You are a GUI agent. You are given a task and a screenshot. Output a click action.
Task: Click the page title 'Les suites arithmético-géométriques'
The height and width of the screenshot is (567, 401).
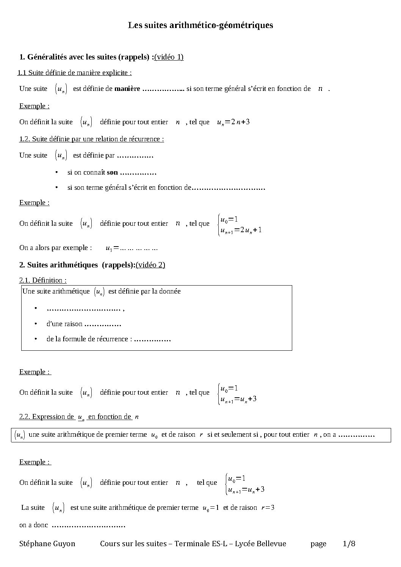click(x=200, y=25)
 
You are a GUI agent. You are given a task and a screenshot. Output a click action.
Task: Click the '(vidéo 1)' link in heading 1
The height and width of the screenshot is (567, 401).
click(x=169, y=57)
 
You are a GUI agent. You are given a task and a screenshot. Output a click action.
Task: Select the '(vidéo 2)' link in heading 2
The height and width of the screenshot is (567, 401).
click(x=150, y=265)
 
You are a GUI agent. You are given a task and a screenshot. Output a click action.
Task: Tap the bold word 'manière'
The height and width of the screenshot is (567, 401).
click(x=127, y=89)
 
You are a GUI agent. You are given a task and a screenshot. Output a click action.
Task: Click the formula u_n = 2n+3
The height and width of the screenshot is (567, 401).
click(x=233, y=122)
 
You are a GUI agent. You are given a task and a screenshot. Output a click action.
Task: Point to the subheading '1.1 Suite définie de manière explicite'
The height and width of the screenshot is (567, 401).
click(x=75, y=72)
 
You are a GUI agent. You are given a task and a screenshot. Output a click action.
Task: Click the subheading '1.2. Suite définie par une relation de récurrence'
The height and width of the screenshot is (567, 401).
click(x=91, y=139)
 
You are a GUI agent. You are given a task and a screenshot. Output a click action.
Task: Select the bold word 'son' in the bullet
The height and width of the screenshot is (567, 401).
click(x=112, y=172)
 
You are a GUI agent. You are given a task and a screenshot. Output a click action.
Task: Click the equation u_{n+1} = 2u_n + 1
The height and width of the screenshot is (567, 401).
click(x=241, y=230)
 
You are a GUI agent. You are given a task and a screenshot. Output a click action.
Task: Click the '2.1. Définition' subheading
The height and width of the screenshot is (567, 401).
click(x=43, y=280)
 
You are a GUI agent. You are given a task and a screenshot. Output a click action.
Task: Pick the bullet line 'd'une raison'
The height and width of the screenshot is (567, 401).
click(x=64, y=324)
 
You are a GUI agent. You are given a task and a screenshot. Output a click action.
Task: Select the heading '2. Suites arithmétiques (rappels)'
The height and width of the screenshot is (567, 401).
click(x=77, y=265)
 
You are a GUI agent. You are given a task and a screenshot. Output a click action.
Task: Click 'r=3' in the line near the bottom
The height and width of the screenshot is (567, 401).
click(x=268, y=508)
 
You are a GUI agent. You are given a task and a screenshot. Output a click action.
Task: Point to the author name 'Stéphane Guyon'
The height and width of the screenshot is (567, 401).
click(x=47, y=544)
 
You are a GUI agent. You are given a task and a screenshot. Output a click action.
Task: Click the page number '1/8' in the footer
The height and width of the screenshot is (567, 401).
click(x=349, y=544)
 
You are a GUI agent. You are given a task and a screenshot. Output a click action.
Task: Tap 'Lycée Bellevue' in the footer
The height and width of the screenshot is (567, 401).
click(x=260, y=544)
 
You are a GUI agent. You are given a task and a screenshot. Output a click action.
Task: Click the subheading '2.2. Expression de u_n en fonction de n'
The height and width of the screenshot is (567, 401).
click(x=79, y=417)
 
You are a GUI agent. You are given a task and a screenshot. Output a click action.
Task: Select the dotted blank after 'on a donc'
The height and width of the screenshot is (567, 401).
click(x=88, y=526)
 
